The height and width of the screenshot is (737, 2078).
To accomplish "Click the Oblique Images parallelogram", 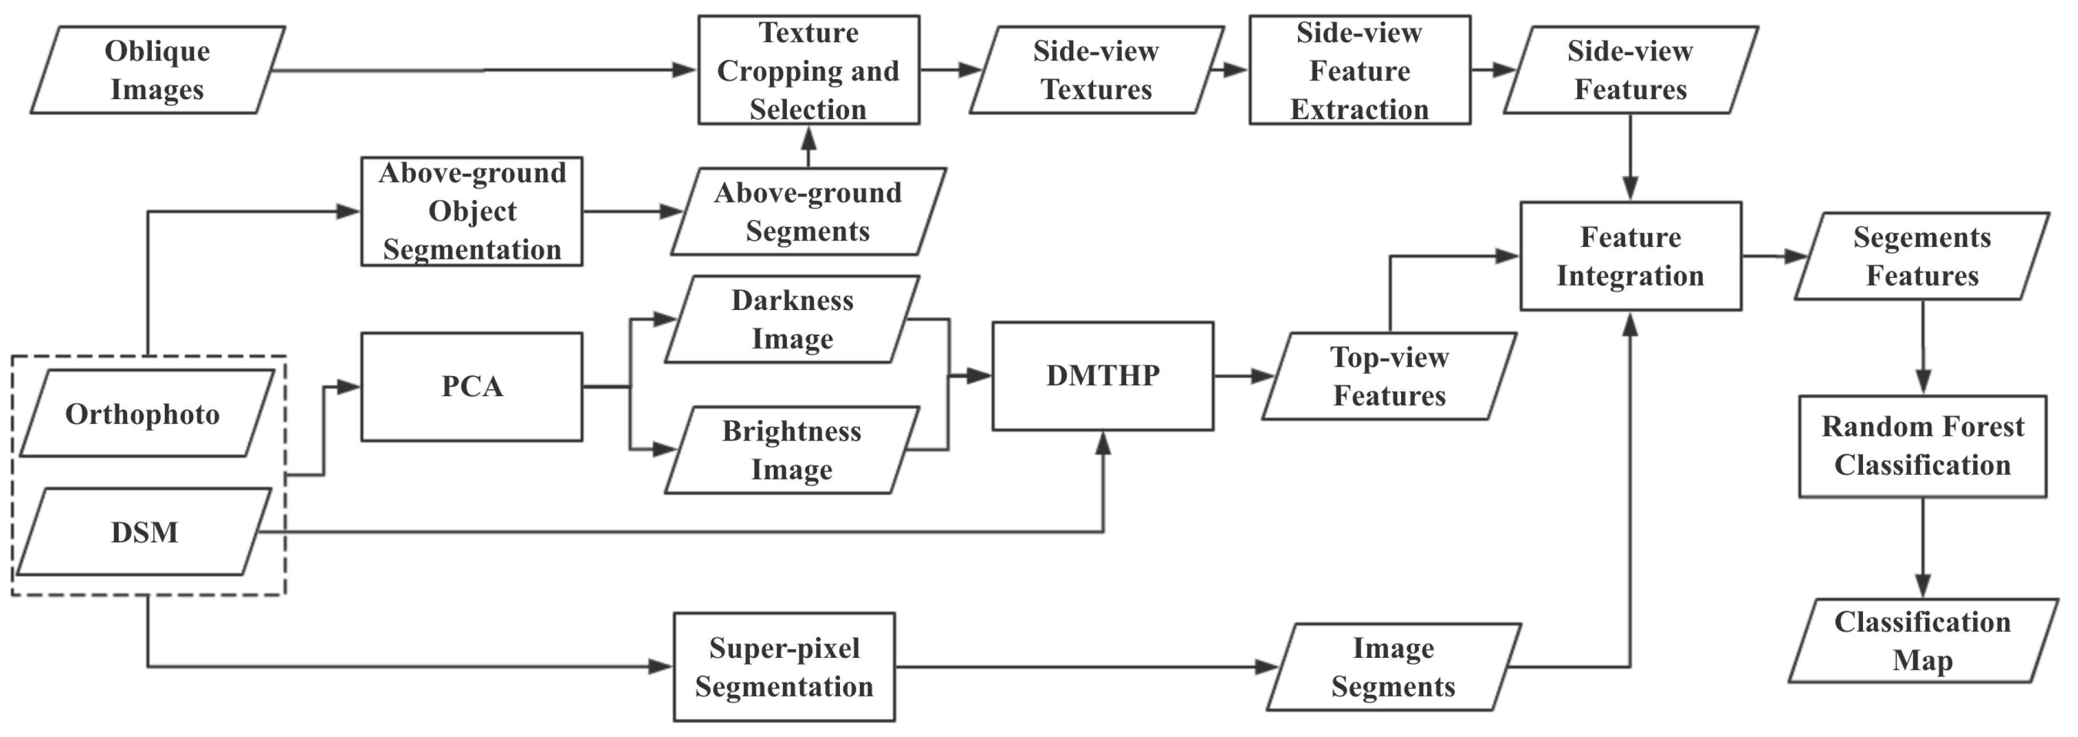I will point(157,70).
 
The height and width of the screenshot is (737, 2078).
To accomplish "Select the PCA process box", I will point(472,386).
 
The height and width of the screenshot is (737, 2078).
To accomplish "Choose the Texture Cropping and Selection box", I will point(808,70).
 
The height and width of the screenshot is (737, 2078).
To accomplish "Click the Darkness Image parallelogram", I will point(792,319).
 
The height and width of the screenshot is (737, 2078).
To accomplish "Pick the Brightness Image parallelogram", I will point(792,450).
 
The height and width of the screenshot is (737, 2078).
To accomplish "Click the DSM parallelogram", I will point(144,531).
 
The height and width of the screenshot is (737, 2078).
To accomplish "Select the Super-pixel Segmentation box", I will point(784,667).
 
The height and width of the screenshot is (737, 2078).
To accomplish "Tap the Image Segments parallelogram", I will point(1393,667).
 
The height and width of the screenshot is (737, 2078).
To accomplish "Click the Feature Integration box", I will point(1630,256).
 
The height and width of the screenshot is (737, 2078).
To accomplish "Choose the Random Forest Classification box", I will point(1922,446).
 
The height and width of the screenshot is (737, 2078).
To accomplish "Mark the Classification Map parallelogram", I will point(1922,641).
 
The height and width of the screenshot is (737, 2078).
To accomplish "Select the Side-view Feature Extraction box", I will point(1359,70).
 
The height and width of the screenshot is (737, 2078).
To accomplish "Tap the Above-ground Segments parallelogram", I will point(808,211).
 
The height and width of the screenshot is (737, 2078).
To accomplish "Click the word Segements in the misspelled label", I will point(1922,237).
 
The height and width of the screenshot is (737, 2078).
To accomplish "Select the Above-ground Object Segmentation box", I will point(472,211).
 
